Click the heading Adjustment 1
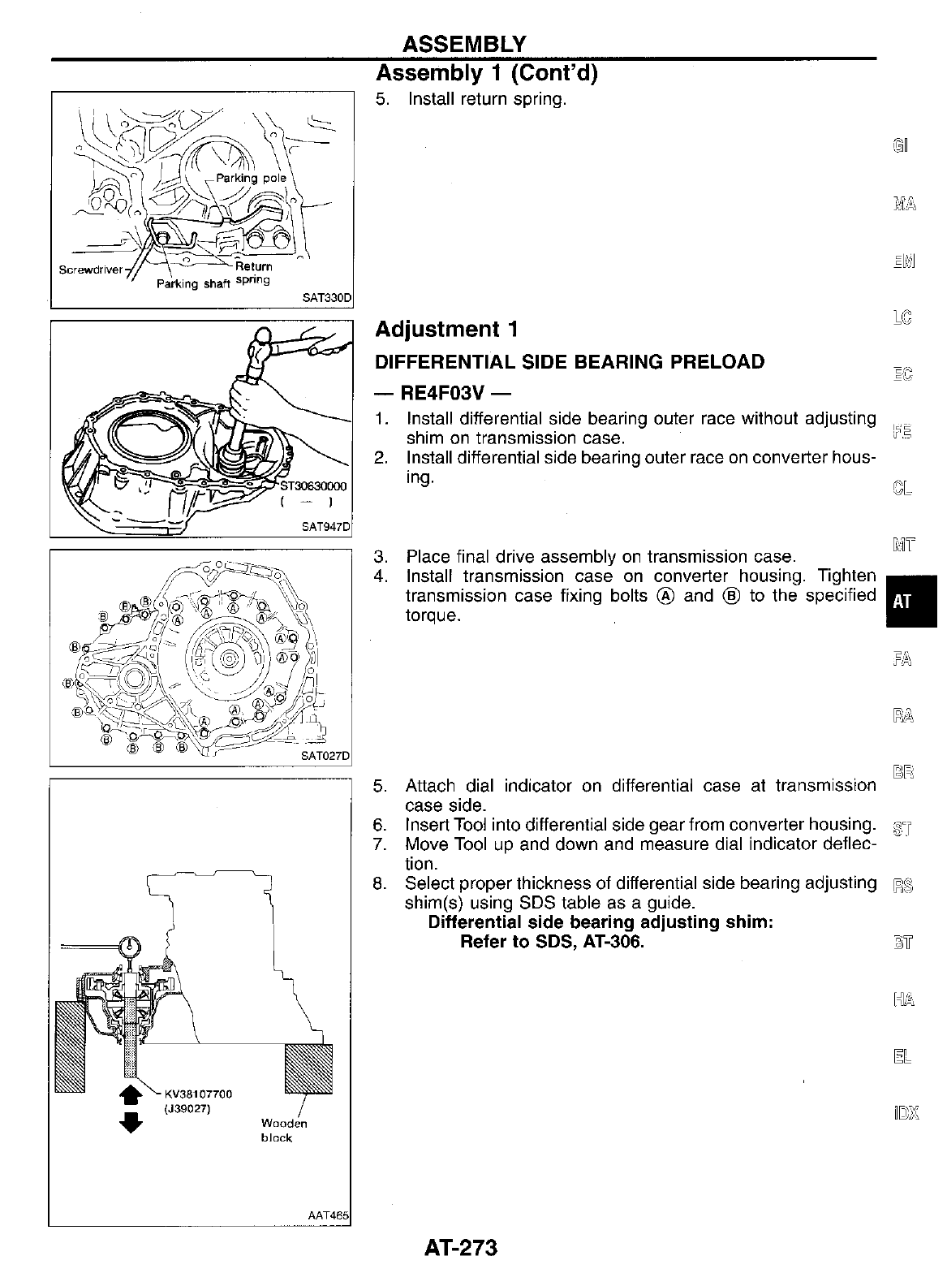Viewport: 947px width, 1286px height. (446, 329)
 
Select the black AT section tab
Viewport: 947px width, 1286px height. (910, 602)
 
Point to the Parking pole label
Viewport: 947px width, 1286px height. (251, 178)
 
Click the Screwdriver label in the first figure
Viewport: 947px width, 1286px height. (90, 270)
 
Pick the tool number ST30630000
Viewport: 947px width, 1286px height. (312, 486)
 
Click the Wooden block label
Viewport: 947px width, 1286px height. (283, 1130)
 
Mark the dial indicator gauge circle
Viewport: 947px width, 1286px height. (128, 947)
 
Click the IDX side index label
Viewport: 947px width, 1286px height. (902, 1111)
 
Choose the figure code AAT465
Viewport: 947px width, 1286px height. (328, 1215)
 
